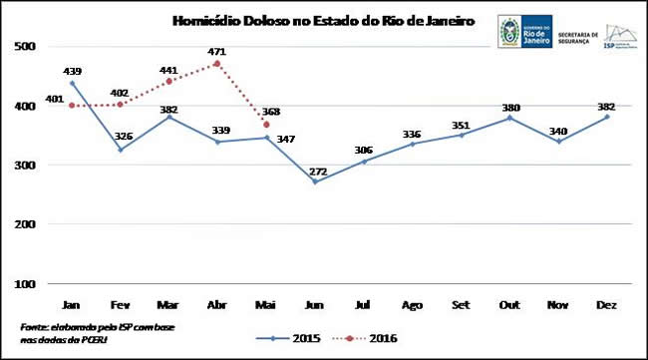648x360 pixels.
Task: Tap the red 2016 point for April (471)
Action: [216, 64]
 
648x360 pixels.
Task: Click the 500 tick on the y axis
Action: [26, 47]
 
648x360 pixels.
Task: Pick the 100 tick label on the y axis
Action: [26, 284]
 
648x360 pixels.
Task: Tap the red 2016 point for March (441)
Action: [168, 81]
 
